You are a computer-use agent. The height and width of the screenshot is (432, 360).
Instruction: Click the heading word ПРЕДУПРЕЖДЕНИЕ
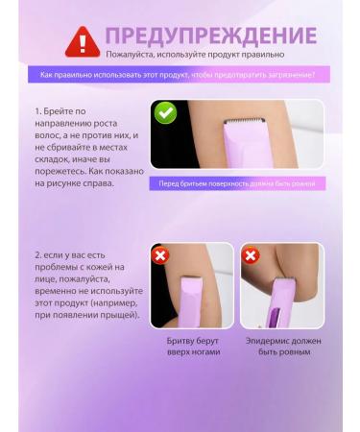[x=211, y=36]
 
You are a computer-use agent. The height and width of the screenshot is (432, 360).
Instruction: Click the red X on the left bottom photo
[x=160, y=256]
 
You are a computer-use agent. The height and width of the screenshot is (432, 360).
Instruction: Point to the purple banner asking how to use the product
[x=180, y=74]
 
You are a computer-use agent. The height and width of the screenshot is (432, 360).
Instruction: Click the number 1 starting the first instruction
[x=35, y=113]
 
